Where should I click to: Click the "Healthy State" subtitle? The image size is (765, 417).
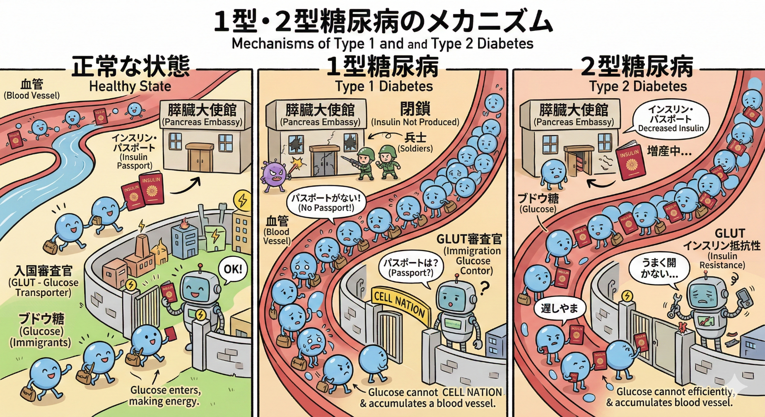point(130,86)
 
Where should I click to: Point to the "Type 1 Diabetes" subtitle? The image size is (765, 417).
point(384,86)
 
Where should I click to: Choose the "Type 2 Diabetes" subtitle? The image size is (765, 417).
point(638,86)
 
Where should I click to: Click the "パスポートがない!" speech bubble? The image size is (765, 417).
point(326,203)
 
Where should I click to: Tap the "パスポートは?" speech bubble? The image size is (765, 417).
point(411,268)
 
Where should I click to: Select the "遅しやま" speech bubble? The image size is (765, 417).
point(559,308)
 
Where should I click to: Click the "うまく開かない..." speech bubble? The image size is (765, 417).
point(659,268)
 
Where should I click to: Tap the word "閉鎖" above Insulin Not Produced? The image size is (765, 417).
point(415,109)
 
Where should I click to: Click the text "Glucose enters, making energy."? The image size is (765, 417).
point(165,396)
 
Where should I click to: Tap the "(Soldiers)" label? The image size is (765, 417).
point(415,148)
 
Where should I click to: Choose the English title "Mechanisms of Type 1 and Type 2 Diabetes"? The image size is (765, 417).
point(382,44)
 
